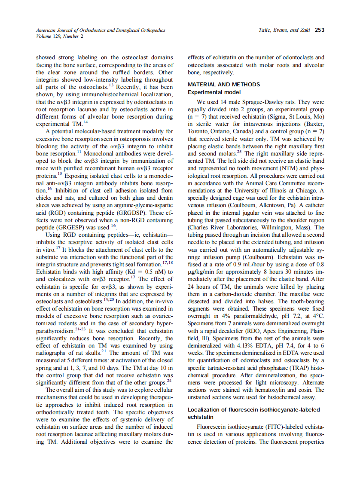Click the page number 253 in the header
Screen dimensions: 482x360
coord(319,30)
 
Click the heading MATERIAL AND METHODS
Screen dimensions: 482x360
coord(224,84)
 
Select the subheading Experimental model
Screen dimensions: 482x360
coord(214,92)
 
